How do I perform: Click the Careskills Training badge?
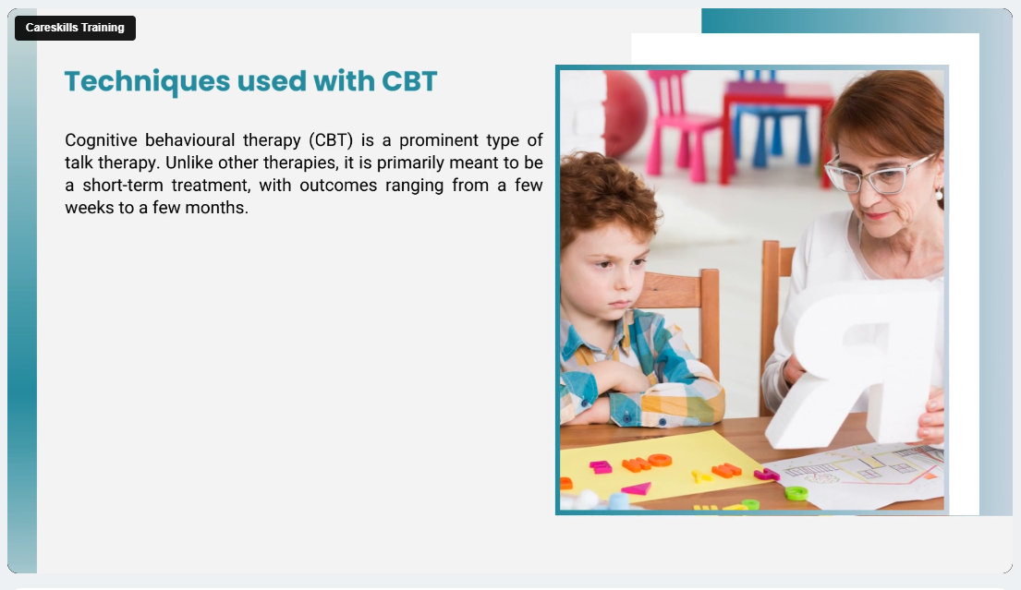click(x=75, y=28)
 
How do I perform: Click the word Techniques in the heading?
click(x=148, y=82)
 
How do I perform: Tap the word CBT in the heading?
click(x=409, y=81)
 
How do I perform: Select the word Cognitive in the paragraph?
click(x=101, y=140)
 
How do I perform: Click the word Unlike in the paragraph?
click(x=188, y=163)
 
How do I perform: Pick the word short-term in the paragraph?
click(x=122, y=186)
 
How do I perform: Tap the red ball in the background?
click(x=626, y=113)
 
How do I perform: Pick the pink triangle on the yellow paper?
click(x=637, y=489)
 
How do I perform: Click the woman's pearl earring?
click(x=939, y=194)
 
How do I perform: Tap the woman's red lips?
click(x=876, y=216)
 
